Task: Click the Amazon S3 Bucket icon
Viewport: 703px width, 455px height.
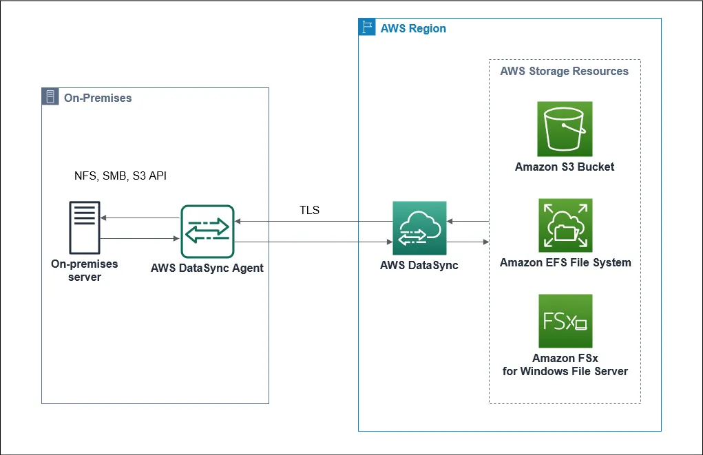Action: [565, 129]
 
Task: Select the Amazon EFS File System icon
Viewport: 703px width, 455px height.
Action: [565, 225]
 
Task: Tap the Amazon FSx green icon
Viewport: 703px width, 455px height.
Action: [565, 321]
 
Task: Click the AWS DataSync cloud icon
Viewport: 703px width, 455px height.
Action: [419, 228]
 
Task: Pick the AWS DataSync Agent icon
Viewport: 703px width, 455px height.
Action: [207, 232]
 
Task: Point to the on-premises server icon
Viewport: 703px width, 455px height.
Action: [85, 228]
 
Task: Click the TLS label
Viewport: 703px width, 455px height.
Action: [310, 210]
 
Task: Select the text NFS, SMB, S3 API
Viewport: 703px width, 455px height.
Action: [120, 176]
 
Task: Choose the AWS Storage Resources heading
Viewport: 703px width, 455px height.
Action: [564, 71]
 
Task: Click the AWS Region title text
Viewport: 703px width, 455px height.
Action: [413, 28]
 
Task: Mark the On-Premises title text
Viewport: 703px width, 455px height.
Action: [97, 98]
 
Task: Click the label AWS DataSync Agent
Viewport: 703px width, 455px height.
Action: [207, 268]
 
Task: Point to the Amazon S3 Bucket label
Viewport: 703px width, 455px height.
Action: [565, 167]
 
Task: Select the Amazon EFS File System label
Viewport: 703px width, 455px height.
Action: [565, 262]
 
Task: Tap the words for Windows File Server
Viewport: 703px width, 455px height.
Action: [565, 371]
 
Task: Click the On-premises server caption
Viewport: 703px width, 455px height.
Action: [85, 270]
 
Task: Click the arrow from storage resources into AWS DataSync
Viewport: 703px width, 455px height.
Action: [468, 222]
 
